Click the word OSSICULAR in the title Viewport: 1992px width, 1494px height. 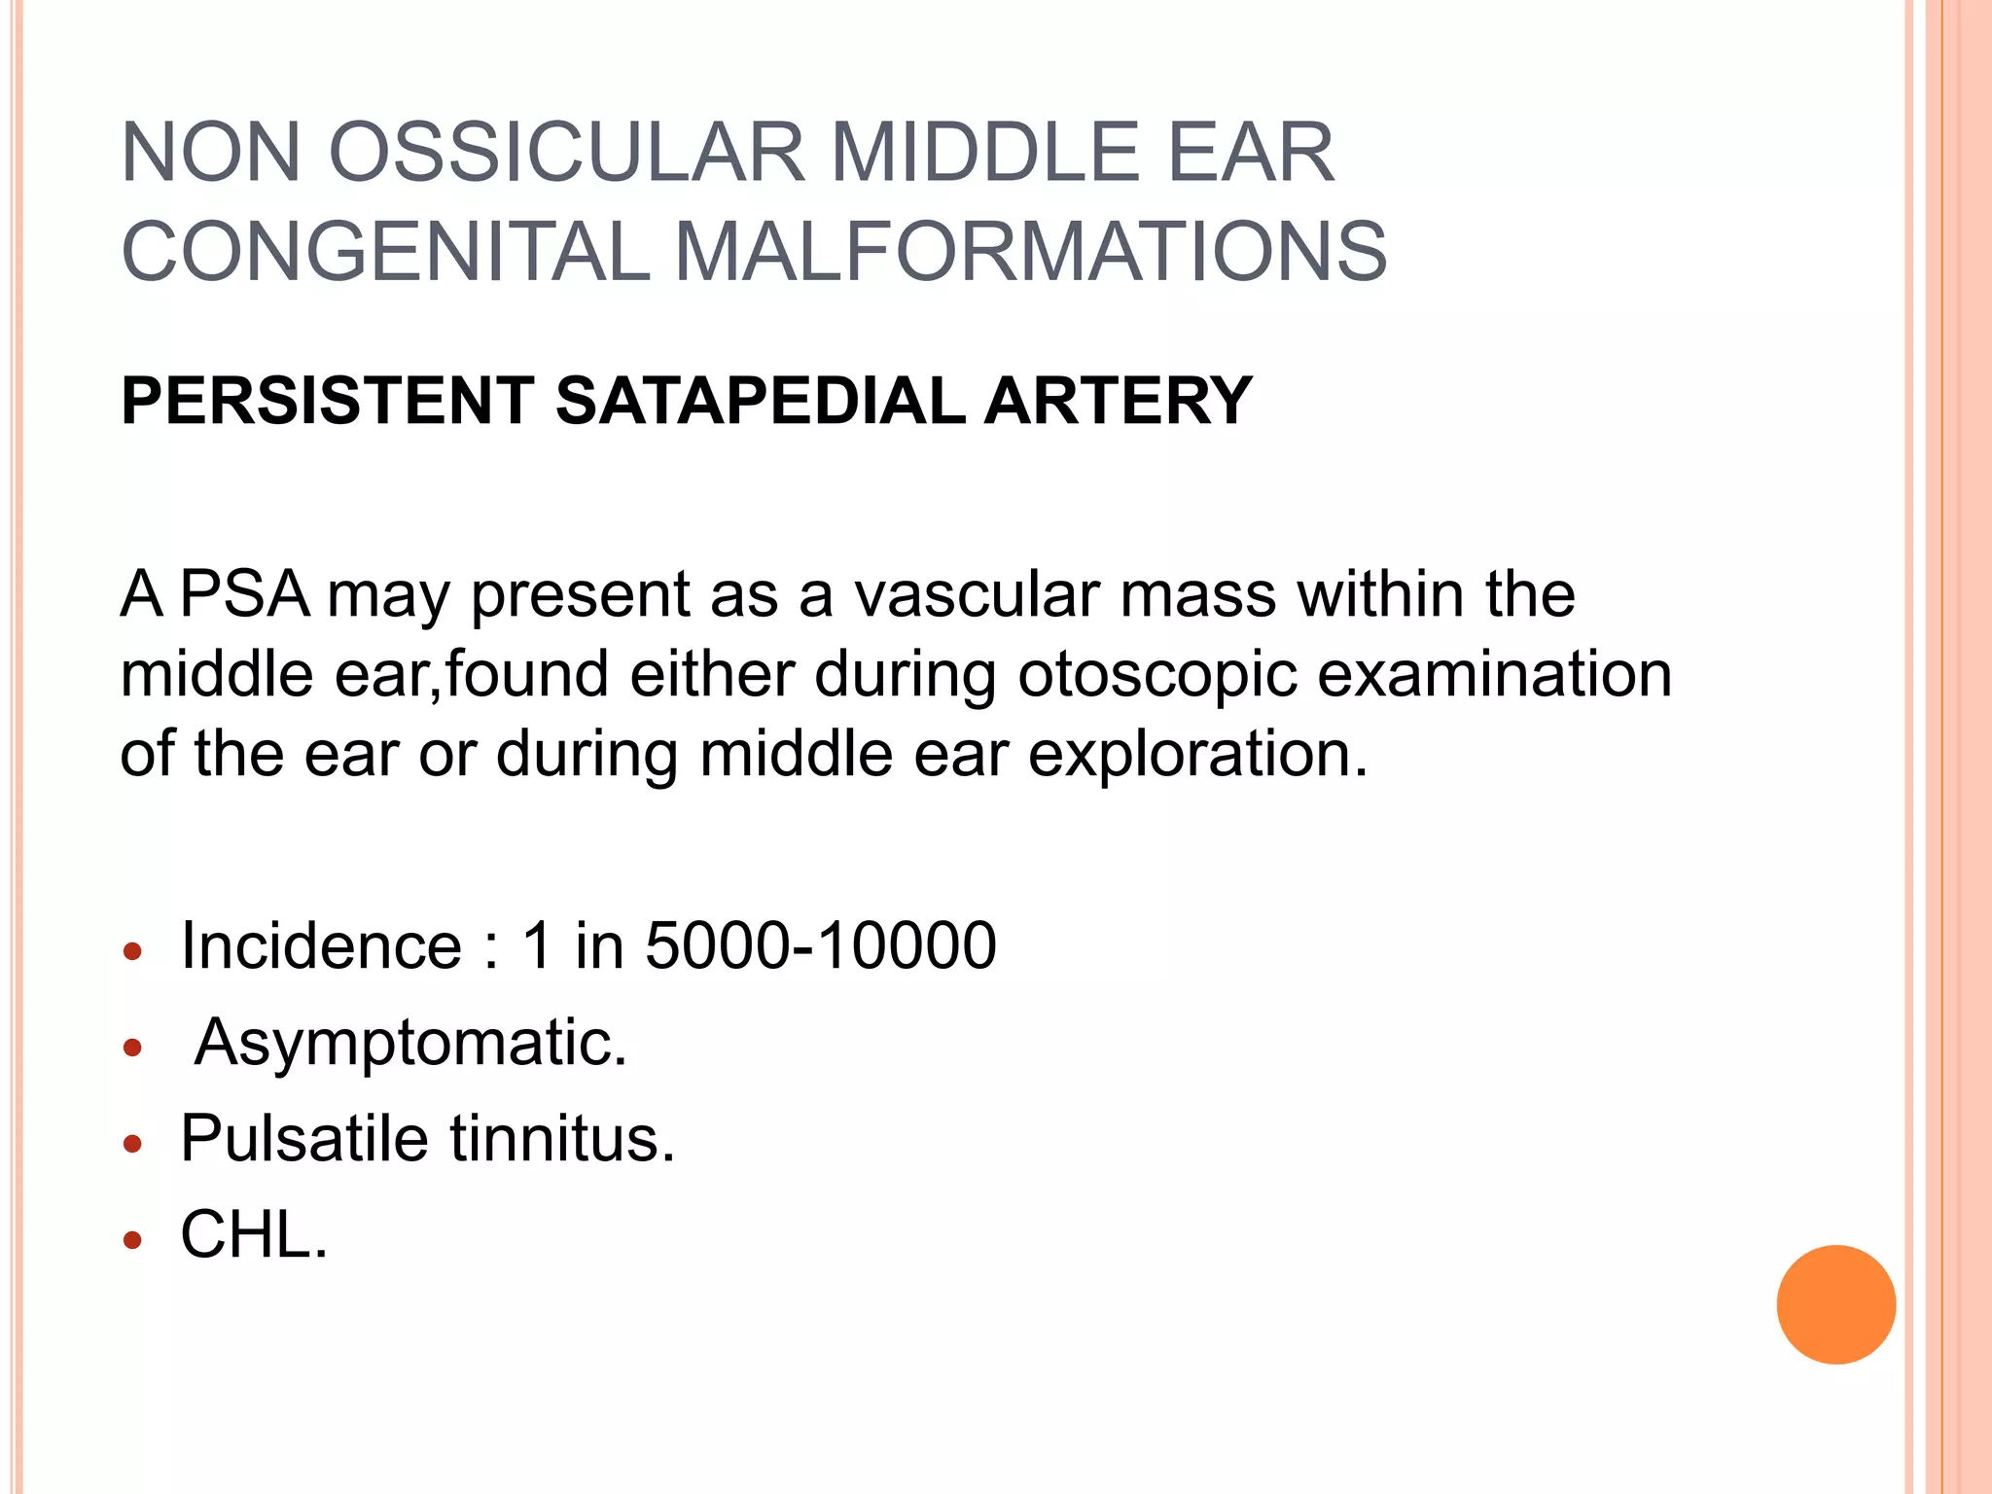point(567,153)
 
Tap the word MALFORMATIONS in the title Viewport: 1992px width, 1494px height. point(1030,252)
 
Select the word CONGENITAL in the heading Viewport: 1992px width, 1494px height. point(385,252)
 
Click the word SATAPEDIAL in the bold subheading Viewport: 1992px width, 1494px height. point(760,401)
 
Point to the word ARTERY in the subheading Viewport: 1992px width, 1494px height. point(1118,401)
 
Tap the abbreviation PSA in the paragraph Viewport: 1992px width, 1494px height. point(244,594)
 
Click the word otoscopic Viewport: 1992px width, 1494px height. point(1156,675)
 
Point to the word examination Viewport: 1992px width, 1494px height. point(1494,674)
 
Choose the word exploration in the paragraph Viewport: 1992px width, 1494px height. point(1197,754)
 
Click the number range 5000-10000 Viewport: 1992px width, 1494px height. point(821,945)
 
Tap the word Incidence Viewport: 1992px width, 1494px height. point(321,945)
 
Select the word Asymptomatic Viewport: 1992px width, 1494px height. point(410,1044)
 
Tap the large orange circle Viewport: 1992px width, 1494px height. point(1835,1304)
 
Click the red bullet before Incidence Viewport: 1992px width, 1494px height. point(133,950)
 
